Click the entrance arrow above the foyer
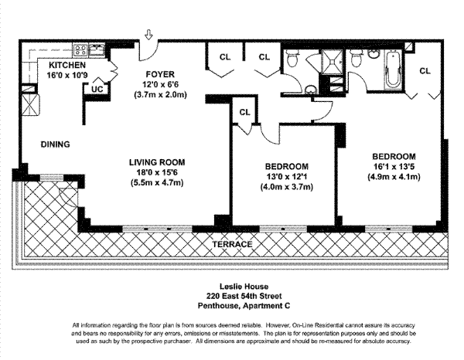coord(148,35)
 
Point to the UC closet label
coord(97,88)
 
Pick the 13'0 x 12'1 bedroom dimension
coord(287,177)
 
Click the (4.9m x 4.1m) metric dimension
coord(393,176)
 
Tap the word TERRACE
coord(233,243)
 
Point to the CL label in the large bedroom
coord(425,71)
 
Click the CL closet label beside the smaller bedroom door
coord(245,112)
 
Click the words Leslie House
coord(233,285)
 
